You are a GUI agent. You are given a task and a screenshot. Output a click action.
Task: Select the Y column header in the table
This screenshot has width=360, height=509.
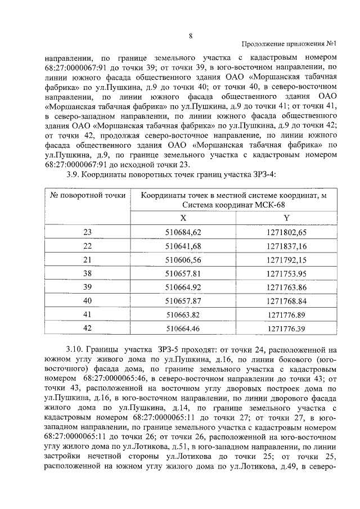pos(287,218)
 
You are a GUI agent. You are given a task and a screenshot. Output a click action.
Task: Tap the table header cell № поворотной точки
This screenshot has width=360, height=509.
pos(88,195)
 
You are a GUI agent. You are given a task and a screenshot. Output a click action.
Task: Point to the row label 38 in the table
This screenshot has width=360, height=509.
pos(87,274)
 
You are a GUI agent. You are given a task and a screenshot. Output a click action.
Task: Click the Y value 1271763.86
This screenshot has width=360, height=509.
pos(287,287)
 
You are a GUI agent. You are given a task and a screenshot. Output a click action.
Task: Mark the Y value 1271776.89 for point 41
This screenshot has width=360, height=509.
pos(287,314)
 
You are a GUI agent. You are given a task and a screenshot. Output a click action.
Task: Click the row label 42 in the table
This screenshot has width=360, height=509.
pos(87,328)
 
